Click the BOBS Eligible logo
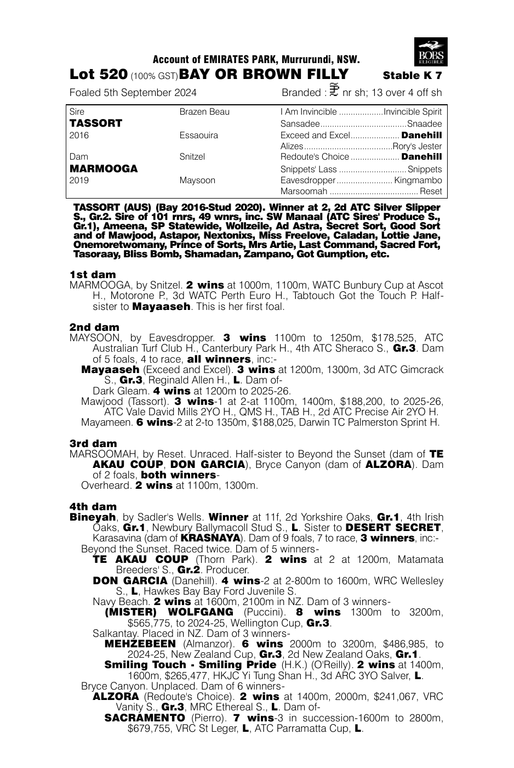tap(431, 52)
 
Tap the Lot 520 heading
tap(99, 75)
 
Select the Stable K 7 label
tap(412, 76)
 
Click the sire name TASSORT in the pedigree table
tap(96, 123)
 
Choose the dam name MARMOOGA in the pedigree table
tap(104, 169)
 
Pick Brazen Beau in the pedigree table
tap(204, 112)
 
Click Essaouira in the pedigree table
tap(198, 135)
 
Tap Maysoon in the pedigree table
tap(197, 180)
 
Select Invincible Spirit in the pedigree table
tap(413, 112)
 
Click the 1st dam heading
tap(93, 274)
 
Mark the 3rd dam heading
tap(93, 443)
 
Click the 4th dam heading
tap(93, 506)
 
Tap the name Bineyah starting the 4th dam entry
tap(93, 517)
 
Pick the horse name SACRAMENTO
tap(145, 718)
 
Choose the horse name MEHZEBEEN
tap(140, 644)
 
